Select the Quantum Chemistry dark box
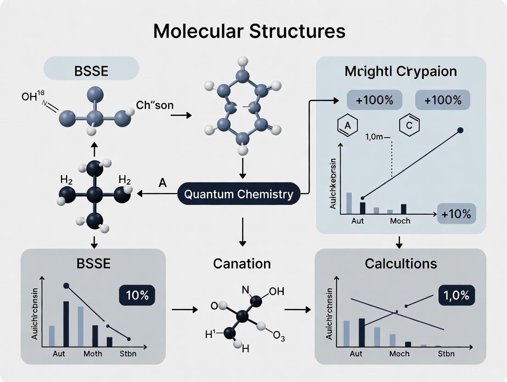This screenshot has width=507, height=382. [238, 194]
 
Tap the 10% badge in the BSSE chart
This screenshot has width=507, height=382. [137, 296]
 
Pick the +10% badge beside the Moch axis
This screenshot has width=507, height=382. [457, 214]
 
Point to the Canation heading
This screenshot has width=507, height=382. [242, 264]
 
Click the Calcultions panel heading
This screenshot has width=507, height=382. [401, 264]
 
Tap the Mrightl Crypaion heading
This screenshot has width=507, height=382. [401, 72]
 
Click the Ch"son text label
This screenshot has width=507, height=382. [155, 105]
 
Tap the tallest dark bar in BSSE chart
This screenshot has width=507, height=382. [66, 324]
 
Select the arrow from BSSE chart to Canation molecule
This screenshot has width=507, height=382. [184, 310]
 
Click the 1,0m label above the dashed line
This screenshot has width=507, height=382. [376, 136]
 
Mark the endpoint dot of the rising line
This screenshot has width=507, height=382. [461, 130]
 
